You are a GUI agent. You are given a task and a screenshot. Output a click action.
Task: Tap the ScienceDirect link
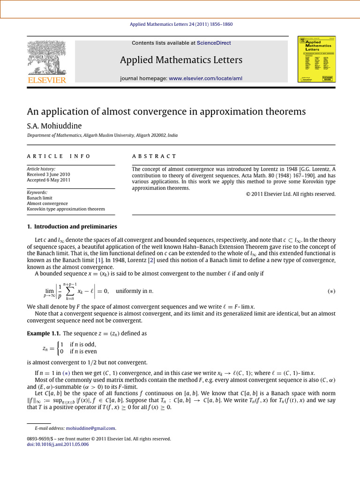tap(214, 43)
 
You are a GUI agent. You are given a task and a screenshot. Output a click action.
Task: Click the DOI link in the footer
tap(58, 444)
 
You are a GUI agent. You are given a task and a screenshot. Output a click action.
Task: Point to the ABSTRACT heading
tap(154, 156)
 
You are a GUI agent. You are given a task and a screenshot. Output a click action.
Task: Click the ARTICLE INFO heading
tap(59, 156)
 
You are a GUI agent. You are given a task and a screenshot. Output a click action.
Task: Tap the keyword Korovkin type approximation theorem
tap(66, 209)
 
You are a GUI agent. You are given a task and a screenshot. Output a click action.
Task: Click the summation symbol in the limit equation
tap(71, 291)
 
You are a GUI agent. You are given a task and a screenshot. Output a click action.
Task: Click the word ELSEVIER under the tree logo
tap(46, 80)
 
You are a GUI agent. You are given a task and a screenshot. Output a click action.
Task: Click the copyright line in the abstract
tap(290, 194)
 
